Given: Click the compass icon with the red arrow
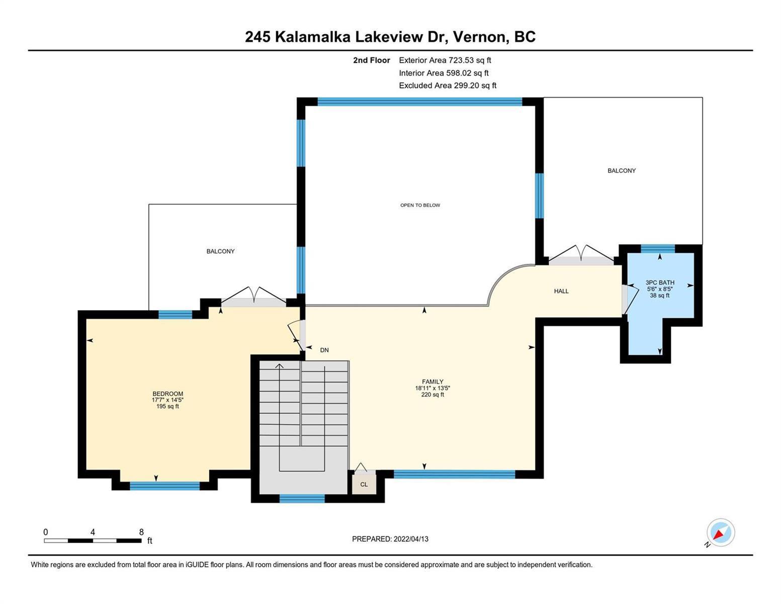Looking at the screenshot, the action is coord(720,533).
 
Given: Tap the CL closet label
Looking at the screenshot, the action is coord(364,485).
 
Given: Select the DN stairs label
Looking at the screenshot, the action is coord(324,350).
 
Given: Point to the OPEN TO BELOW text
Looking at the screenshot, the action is coord(420,205).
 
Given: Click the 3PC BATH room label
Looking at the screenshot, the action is coord(659,282).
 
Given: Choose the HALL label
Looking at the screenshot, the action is coord(561,291).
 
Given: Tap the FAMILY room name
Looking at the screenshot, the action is coord(432,382).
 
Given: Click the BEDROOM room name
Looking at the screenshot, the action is coord(167,394).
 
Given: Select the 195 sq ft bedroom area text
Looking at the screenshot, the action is coord(167,407).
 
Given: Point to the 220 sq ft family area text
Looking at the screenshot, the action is coord(432,395).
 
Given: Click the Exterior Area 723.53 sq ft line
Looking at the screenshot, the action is coord(445,60).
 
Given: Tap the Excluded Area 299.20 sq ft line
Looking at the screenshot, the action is coord(448,86).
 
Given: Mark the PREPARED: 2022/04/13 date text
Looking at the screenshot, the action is coord(390,539).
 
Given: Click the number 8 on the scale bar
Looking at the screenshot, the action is coord(141,532).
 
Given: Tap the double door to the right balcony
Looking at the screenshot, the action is coord(581,256).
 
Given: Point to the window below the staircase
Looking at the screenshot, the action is coord(302,498).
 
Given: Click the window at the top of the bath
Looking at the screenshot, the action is coord(658,249).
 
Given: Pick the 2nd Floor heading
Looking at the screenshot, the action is coord(371,60).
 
